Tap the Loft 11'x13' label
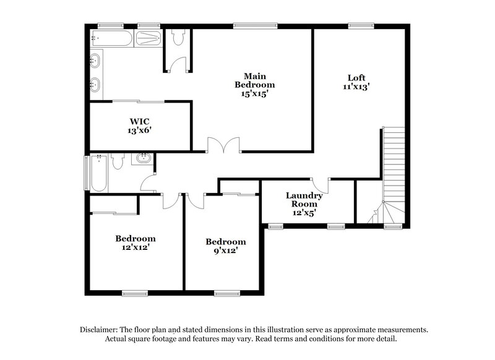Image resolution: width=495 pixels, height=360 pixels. coord(356,82)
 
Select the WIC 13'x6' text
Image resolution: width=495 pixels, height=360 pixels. coord(139,126)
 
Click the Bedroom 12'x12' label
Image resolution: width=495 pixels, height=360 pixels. coord(136,242)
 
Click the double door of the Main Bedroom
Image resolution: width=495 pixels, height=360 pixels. coord(223,147)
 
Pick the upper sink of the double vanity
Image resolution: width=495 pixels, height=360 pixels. coord(96,61)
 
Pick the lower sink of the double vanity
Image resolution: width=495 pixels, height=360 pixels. coord(96,84)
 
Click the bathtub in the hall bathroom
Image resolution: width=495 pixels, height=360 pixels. coord(99,173)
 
